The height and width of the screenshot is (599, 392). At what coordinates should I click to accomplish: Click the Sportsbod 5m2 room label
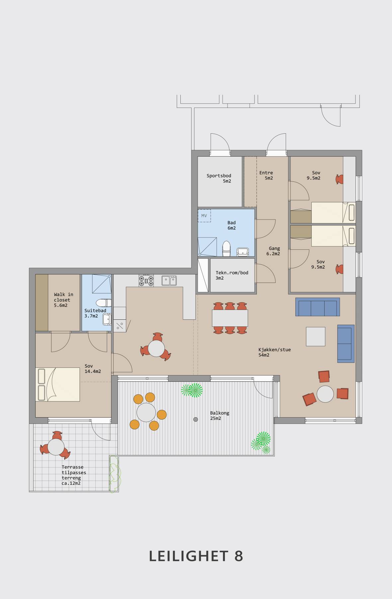pos(219,178)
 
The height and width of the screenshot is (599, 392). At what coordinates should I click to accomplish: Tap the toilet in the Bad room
pos(226,249)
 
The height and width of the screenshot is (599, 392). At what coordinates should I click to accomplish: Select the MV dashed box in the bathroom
pos(204,216)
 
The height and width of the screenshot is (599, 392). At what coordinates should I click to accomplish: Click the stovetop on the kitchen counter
pos(146,281)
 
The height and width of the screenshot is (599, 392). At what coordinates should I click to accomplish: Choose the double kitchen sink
pos(169,281)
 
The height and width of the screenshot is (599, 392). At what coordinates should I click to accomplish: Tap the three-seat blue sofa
pos(318,307)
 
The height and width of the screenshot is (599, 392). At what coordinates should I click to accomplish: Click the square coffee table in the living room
pos(316,336)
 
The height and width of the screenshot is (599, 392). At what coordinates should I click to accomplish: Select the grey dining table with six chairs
pos(230,318)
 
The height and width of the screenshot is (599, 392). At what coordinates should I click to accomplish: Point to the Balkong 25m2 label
pos(220,416)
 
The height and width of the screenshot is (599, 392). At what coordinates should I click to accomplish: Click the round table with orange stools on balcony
pos(146,412)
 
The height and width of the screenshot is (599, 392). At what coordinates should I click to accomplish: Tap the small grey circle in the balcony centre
pos(196,420)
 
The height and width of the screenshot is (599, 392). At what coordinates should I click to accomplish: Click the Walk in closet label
pos(63,300)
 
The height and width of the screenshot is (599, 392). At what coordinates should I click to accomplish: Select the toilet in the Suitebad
pos(104,303)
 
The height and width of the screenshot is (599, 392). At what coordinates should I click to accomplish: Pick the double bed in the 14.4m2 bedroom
pos(57,384)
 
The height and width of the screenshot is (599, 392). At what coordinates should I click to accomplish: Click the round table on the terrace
pos(56,447)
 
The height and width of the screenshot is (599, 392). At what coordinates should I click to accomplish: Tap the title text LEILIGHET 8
pos(196,556)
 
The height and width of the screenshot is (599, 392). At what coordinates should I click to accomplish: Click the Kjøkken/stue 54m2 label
pos(274,352)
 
